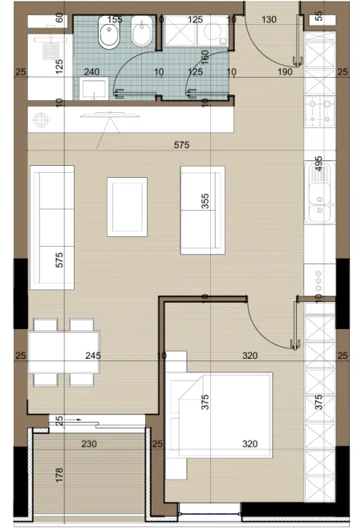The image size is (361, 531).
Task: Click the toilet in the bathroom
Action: pos(107,36)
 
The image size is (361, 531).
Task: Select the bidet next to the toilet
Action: pos(140,36)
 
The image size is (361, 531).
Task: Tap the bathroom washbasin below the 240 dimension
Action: pos(94,87)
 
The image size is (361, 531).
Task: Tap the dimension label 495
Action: pos(318,164)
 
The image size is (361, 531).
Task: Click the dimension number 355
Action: pos(205,200)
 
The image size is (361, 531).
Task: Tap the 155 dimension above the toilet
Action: pos(115,19)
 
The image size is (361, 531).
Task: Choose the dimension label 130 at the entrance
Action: pos(270,19)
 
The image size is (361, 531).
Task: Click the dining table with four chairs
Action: pos(63,352)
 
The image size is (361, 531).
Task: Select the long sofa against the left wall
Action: pos(52,227)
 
